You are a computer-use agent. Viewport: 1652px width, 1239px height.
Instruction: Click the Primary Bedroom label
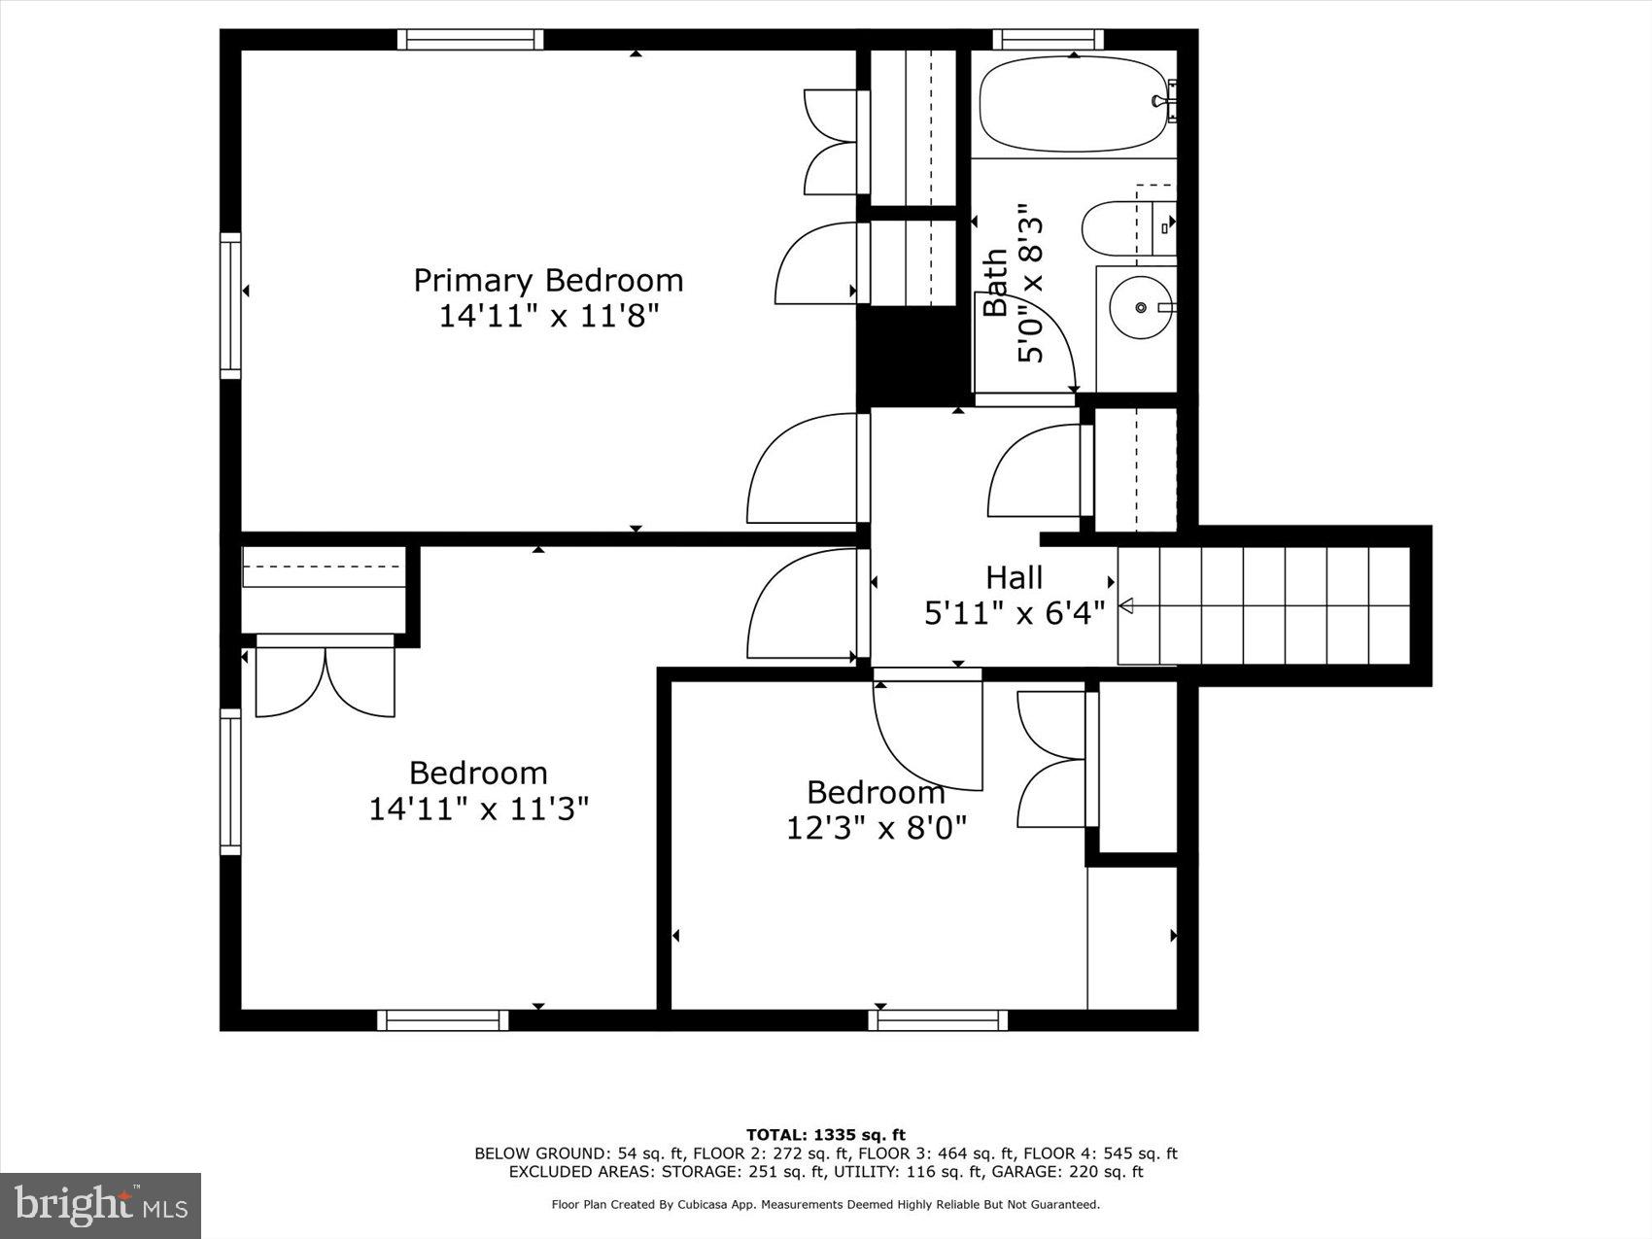[x=548, y=281]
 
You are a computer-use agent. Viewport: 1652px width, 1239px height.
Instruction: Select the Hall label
[x=1014, y=577]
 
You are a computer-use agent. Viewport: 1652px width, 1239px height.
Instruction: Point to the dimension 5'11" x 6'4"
[x=1014, y=613]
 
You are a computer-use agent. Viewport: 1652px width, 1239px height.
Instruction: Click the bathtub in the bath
[x=1073, y=104]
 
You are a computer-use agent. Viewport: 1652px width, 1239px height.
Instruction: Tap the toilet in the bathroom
[x=1118, y=229]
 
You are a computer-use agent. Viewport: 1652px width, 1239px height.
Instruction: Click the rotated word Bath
[x=995, y=283]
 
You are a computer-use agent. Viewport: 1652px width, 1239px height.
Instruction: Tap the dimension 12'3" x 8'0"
[x=876, y=828]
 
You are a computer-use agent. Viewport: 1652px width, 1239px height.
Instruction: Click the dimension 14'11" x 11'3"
[x=478, y=809]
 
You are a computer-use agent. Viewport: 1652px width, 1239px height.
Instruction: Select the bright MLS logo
[x=101, y=1206]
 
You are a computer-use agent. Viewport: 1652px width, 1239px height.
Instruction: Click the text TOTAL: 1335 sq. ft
[x=825, y=1134]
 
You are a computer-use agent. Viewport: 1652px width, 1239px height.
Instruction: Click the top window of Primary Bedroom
[x=470, y=39]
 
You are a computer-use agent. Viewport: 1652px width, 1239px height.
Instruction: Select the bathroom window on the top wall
[x=1049, y=39]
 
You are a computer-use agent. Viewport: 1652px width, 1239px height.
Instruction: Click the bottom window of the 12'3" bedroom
[x=938, y=1020]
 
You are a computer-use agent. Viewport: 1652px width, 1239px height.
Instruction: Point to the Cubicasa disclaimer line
[x=825, y=1205]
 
